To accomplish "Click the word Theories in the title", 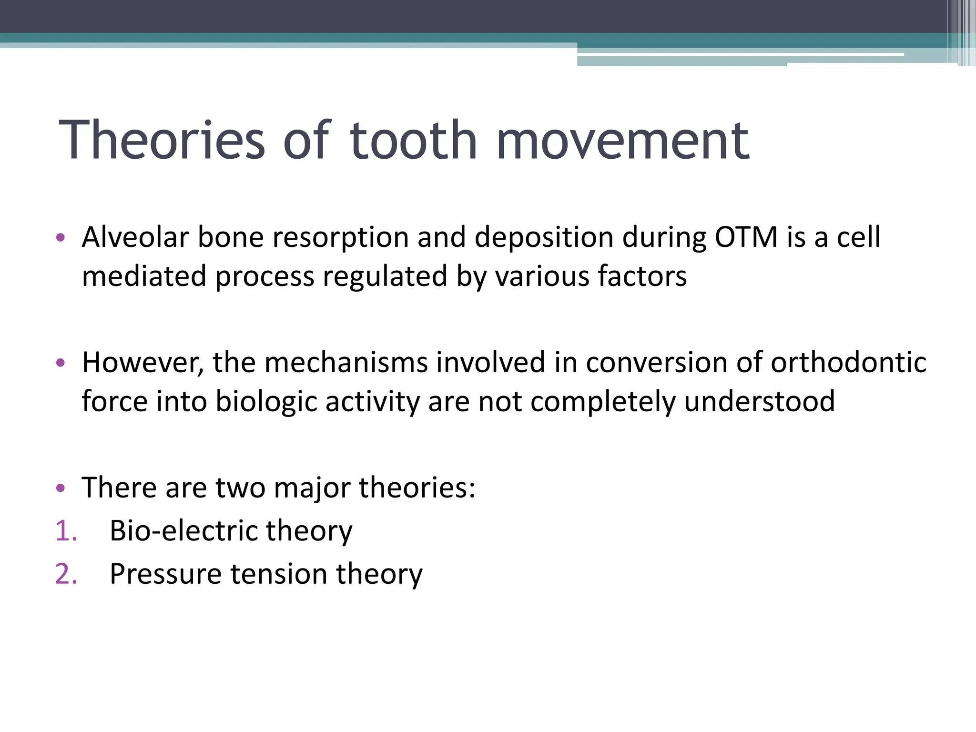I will [x=161, y=141].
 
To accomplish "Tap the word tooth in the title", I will [x=413, y=141].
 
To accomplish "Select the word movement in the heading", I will [x=622, y=141].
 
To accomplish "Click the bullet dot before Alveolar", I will [x=60, y=237].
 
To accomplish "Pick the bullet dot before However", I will [x=60, y=363].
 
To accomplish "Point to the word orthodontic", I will [x=848, y=363].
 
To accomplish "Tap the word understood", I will [x=759, y=402].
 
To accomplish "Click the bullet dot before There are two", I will [x=60, y=488].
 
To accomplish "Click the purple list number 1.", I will [x=66, y=531].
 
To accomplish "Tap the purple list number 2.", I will [x=66, y=574].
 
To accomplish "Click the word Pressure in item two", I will [x=165, y=574].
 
